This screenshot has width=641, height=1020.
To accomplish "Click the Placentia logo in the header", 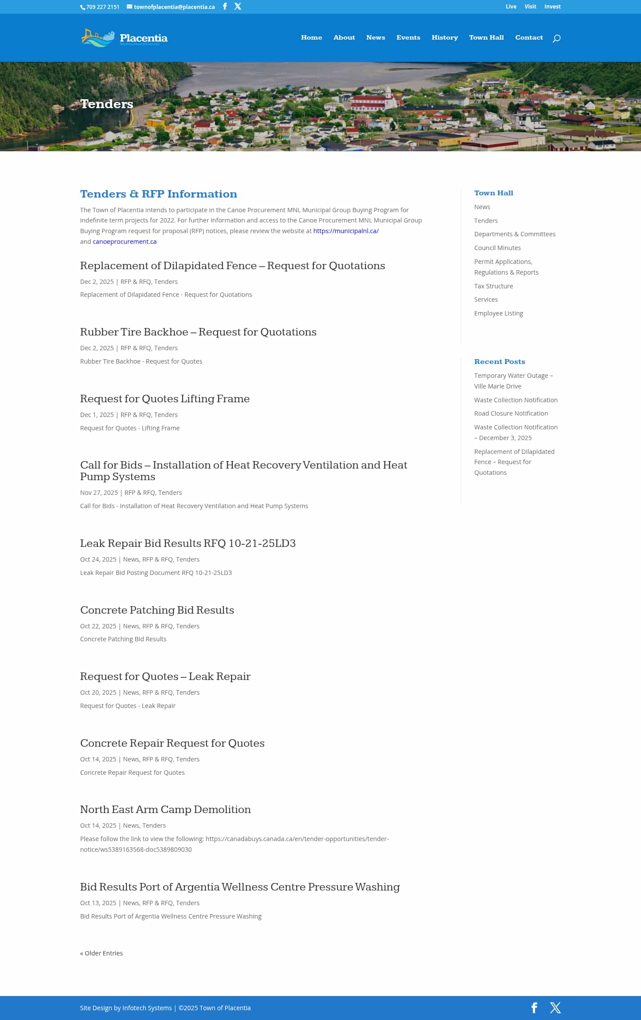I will point(124,38).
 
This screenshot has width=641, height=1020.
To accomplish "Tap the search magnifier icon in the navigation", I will point(556,38).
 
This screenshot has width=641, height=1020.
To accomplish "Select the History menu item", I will point(444,37).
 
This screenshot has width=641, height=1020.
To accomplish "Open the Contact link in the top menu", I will point(529,37).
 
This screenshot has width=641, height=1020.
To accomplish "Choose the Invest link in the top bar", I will point(552,7).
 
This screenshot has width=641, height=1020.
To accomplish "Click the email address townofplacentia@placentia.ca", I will point(174,7).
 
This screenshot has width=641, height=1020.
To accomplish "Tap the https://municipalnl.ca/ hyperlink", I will point(346,231).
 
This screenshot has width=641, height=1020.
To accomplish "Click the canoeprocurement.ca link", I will point(125,242).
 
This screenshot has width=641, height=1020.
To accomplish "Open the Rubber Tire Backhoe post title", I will point(198,332).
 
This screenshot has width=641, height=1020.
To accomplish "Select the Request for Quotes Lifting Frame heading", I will point(165,399).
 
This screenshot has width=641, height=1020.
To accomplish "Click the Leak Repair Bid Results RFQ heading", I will point(187,543).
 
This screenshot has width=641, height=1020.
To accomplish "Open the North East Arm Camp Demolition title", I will point(165,810).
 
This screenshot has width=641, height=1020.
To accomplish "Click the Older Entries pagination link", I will point(101,953).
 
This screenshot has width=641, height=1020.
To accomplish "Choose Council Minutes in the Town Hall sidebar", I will point(497,248).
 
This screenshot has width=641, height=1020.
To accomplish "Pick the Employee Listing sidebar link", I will point(499,313).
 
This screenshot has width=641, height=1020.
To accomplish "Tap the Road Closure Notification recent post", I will point(511,413).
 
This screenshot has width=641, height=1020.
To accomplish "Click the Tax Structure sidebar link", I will point(493,286).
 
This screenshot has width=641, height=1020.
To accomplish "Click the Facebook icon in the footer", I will point(534,1008).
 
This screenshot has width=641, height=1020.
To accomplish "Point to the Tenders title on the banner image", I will point(106,104).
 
